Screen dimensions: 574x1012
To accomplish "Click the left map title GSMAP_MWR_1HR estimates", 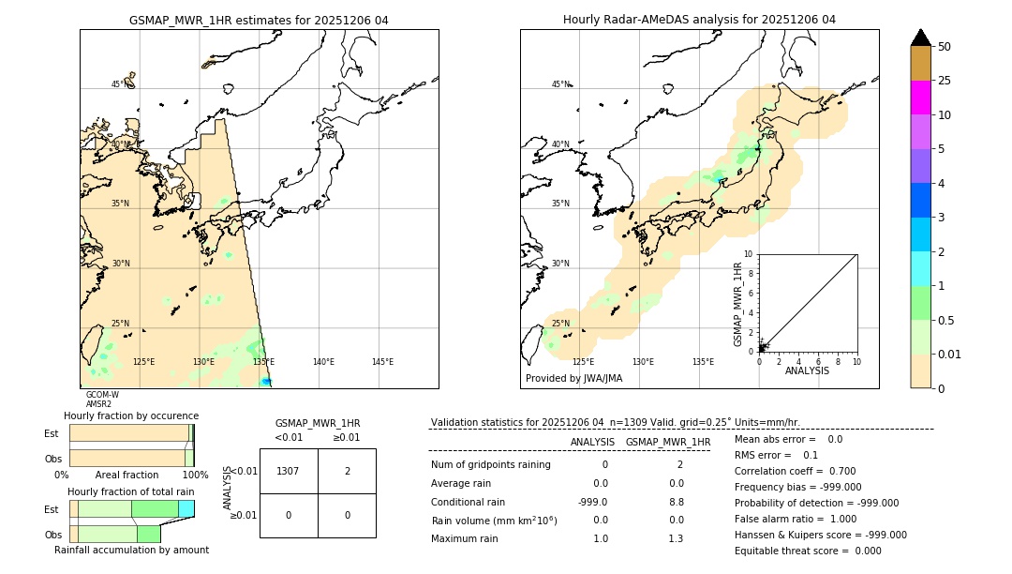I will (x=259, y=20).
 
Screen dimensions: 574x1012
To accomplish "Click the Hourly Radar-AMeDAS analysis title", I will (x=699, y=20).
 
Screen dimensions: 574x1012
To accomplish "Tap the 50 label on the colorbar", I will (x=945, y=47).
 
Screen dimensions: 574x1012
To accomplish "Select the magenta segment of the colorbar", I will (x=920, y=98).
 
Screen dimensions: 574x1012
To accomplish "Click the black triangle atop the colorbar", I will (x=920, y=38).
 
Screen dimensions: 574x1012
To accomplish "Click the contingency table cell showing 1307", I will (x=288, y=471).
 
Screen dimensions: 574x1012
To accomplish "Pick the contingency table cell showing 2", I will (x=347, y=471).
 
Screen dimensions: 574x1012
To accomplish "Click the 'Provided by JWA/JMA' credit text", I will (x=573, y=379).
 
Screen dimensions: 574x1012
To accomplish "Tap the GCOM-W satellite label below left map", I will (x=102, y=395).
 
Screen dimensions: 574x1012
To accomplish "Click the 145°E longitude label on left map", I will (x=382, y=362).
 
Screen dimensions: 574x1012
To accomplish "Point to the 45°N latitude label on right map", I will (x=560, y=84).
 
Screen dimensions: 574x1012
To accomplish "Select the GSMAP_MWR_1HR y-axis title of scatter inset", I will (x=737, y=305).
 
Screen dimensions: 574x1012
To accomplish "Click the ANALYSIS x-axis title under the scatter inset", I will (x=807, y=370).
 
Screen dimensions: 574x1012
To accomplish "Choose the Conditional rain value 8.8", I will (x=675, y=502).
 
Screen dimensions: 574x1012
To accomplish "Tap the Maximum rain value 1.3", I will (x=675, y=538).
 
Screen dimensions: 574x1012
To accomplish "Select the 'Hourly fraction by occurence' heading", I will (x=131, y=415).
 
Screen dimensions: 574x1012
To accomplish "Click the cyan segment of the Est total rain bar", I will (x=186, y=508).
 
